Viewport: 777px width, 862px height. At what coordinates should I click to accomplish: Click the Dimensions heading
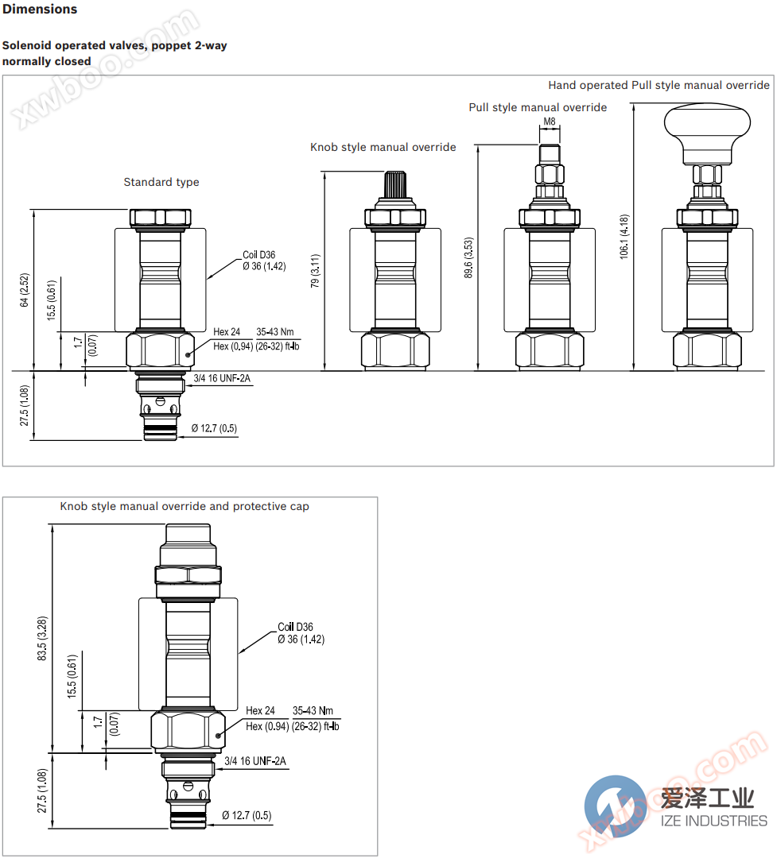[40, 10]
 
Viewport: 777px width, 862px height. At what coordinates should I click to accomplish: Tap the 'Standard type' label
[161, 182]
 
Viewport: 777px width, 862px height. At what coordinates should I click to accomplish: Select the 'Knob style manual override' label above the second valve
[383, 147]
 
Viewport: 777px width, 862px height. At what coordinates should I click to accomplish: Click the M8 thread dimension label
[549, 122]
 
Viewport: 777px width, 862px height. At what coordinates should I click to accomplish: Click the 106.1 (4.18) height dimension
[624, 237]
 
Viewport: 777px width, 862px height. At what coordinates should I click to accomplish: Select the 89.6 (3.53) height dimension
[468, 257]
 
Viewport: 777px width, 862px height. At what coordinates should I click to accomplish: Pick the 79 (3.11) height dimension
[315, 270]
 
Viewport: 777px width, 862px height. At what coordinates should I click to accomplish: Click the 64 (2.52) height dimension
[25, 290]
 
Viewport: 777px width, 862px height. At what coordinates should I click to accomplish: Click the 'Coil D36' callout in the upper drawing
[258, 255]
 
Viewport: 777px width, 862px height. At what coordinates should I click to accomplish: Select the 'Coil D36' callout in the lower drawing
[295, 628]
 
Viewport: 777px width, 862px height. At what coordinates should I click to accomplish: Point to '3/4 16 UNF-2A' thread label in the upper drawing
[222, 378]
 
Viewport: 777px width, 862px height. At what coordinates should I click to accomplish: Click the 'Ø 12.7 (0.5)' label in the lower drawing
[247, 815]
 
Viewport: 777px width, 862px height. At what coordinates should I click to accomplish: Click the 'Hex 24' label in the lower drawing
[260, 711]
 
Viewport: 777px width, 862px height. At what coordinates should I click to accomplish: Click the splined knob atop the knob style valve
[395, 187]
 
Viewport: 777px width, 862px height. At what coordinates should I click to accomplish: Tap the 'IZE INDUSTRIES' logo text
[713, 821]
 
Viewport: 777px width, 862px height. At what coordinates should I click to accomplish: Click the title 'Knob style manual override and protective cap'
[185, 506]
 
